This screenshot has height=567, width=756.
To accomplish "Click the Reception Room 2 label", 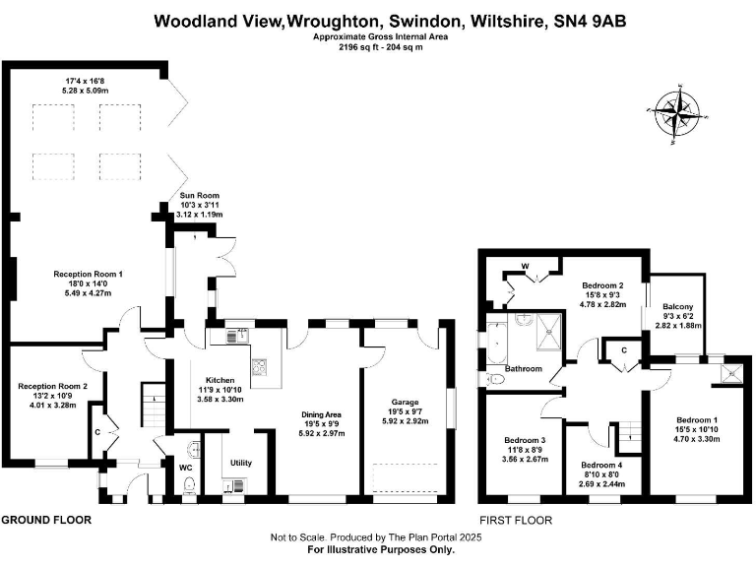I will tap(52, 386).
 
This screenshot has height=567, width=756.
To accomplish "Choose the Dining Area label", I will tap(322, 413).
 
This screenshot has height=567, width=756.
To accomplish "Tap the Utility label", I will tap(241, 462).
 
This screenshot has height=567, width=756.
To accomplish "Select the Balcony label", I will tap(677, 307).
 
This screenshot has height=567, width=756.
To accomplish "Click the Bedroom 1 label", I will tap(695, 420).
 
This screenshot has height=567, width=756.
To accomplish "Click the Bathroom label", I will tap(524, 369).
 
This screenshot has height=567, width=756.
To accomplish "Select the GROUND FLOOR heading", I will tap(46, 519).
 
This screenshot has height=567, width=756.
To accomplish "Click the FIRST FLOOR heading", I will tap(516, 519).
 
